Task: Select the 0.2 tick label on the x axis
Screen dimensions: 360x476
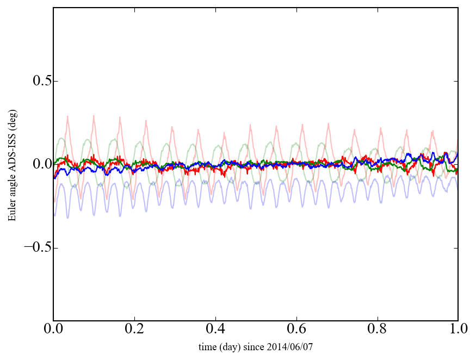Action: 134,330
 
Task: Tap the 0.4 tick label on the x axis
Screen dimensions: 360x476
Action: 215,330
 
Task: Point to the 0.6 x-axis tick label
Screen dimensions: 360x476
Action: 296,330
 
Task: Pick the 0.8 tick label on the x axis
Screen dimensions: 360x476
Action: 378,330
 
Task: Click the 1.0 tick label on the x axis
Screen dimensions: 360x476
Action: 458,330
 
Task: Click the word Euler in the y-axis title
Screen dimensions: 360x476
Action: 12,212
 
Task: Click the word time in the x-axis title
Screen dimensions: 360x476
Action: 207,346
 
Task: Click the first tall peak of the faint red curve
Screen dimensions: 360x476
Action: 67,116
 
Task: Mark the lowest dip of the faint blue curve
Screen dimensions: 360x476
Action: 67,218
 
